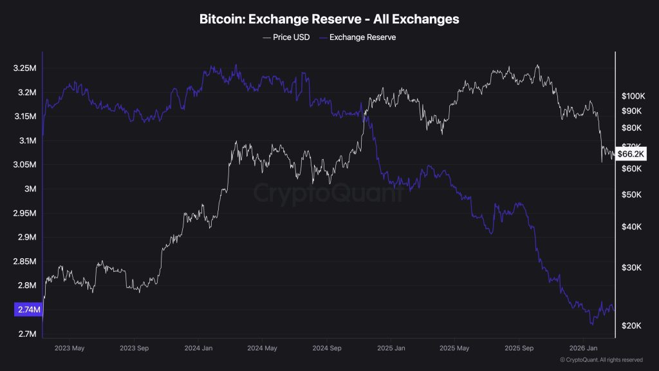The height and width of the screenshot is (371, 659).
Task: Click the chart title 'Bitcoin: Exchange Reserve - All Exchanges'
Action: click(329, 19)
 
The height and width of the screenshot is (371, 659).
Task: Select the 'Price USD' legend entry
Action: click(286, 37)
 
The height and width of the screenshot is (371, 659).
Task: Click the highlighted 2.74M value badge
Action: click(28, 310)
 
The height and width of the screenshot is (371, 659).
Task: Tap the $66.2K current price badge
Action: click(630, 154)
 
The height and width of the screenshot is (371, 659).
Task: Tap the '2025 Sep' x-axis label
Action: click(519, 348)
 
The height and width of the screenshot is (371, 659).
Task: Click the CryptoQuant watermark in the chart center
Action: click(329, 193)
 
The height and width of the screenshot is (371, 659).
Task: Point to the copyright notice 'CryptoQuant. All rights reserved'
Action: click(601, 360)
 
